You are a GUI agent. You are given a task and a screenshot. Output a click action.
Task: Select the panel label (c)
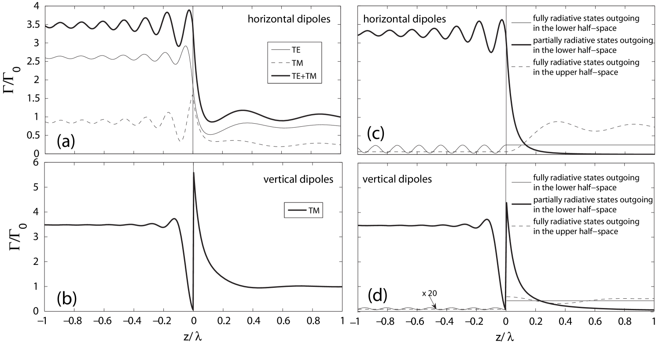point(376,133)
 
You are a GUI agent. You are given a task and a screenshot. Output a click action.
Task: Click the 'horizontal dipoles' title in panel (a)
point(289,19)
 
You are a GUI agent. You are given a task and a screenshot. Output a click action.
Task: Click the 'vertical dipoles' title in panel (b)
point(298,179)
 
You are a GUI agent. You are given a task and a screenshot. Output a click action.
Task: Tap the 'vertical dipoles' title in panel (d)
point(397,179)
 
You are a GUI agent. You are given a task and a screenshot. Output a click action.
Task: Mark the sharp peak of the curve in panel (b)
point(194,173)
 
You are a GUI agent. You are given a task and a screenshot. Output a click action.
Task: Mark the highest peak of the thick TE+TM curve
point(190,10)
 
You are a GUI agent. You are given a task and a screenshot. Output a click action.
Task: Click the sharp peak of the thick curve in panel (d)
point(507,203)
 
